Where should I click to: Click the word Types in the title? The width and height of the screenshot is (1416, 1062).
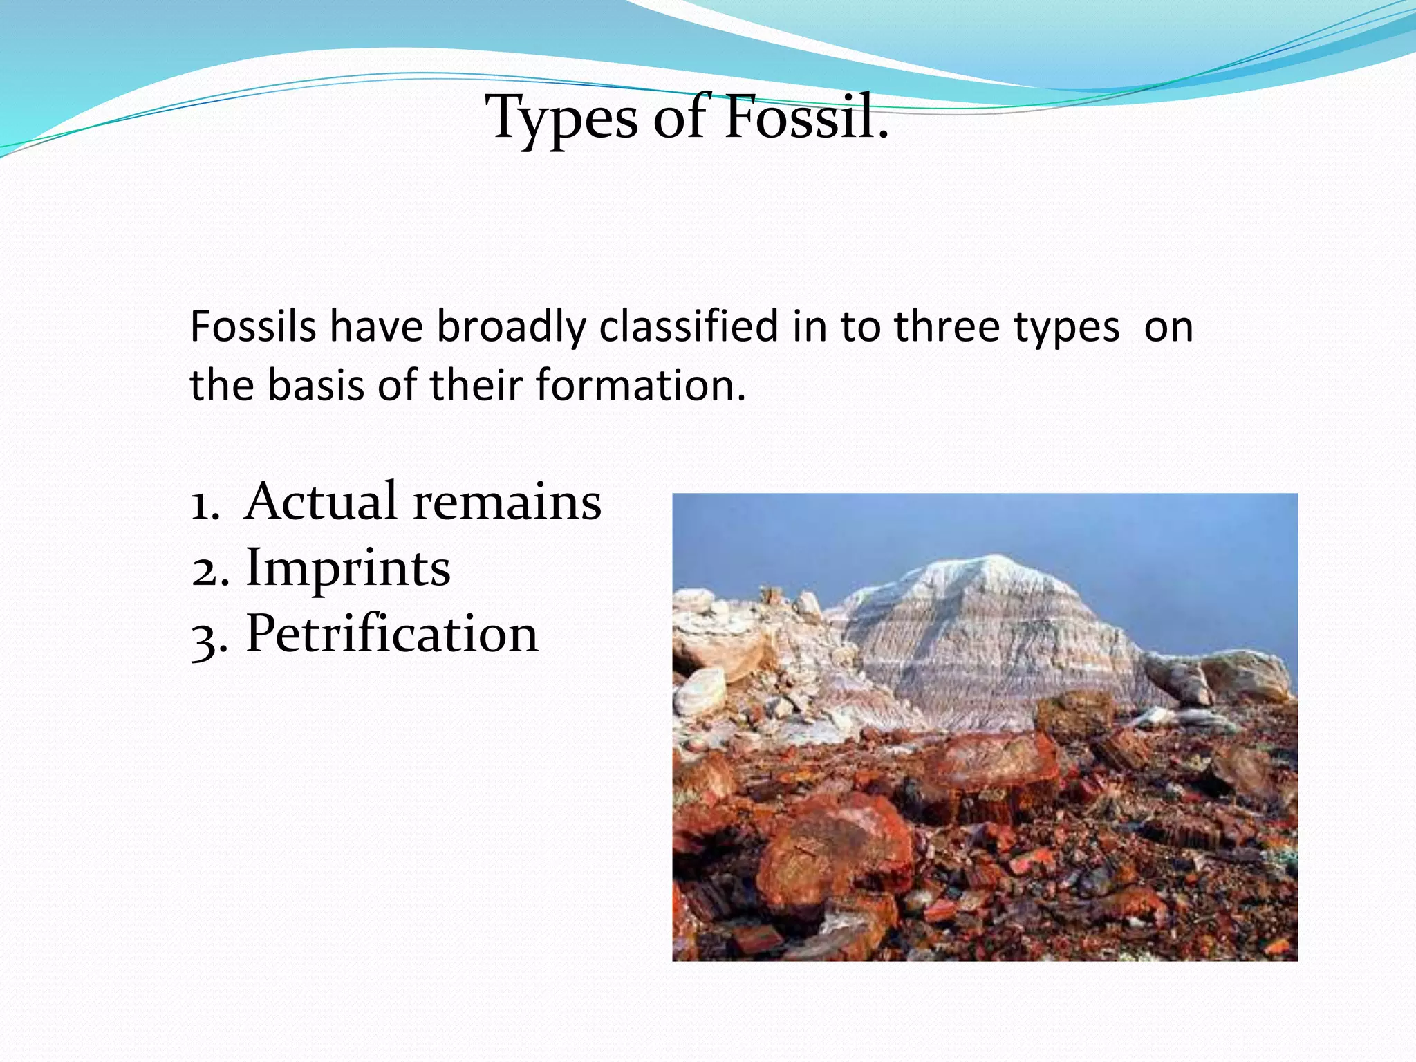coord(561,118)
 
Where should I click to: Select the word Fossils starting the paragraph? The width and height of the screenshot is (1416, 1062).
coord(252,326)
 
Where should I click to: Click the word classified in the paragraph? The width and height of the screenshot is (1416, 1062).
coord(689,326)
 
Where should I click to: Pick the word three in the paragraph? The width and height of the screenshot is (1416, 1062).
coord(947,326)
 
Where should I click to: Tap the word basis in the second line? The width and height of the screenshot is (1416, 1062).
coord(316,385)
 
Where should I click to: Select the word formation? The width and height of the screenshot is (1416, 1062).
coord(640,385)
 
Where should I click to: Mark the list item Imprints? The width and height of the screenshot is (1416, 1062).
coord(348,568)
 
